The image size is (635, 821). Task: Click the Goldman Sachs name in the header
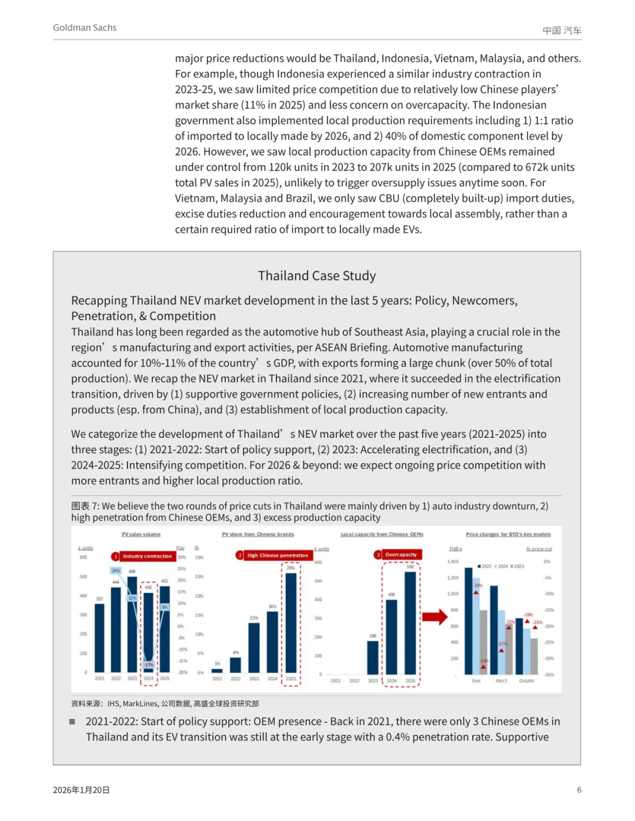(85, 28)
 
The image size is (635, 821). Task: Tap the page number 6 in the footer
(579, 790)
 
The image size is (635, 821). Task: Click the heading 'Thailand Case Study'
(316, 276)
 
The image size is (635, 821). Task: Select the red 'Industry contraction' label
(147, 556)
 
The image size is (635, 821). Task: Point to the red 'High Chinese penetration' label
(277, 555)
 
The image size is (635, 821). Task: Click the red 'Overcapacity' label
(400, 554)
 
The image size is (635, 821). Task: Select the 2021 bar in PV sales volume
(99, 638)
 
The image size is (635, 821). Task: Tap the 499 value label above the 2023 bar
(132, 571)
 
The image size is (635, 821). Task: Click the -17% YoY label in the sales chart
(149, 665)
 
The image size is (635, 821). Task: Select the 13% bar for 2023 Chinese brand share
(254, 647)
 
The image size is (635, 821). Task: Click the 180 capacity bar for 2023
(373, 657)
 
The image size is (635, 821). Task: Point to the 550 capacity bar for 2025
(410, 623)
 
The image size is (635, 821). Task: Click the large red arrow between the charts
(435, 616)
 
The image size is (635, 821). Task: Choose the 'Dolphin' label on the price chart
(527, 681)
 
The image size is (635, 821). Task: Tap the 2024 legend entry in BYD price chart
(502, 567)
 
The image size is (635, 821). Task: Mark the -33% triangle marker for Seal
(483, 667)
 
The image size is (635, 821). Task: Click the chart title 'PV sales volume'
(141, 534)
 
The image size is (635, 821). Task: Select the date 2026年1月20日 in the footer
(81, 790)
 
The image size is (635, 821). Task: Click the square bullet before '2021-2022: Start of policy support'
(72, 721)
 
